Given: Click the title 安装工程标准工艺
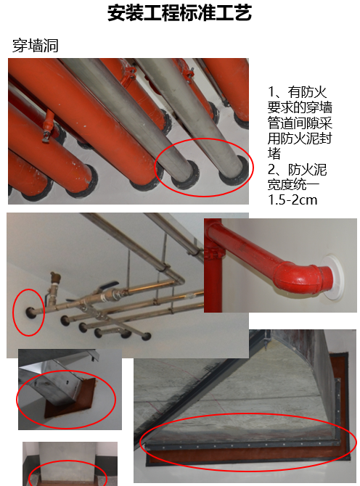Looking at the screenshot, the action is tap(179, 13).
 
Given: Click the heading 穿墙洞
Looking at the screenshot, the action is tap(36, 46).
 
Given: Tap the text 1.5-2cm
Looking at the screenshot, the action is tap(292, 200).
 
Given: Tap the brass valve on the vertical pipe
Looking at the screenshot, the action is tap(54, 280).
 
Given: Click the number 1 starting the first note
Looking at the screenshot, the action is tap(271, 92).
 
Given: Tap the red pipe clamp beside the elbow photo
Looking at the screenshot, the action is tap(213, 253).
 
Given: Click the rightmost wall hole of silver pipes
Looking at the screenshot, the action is tap(147, 337).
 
